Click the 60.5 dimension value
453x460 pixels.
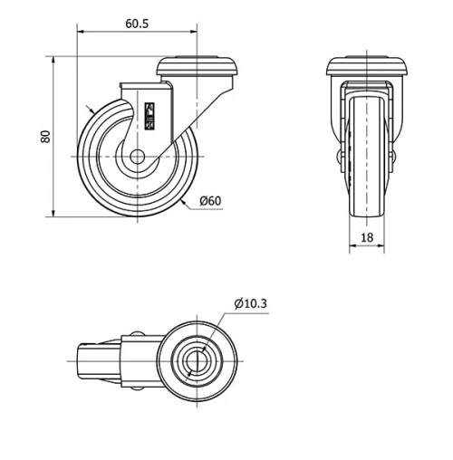(x=137, y=24)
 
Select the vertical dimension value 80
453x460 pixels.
(x=43, y=137)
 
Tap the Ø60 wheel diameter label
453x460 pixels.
(x=209, y=200)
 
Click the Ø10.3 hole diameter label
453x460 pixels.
(x=250, y=303)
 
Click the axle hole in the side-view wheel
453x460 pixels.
(x=137, y=157)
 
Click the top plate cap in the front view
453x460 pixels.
(x=367, y=67)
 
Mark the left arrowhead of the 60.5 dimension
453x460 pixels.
(x=82, y=34)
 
